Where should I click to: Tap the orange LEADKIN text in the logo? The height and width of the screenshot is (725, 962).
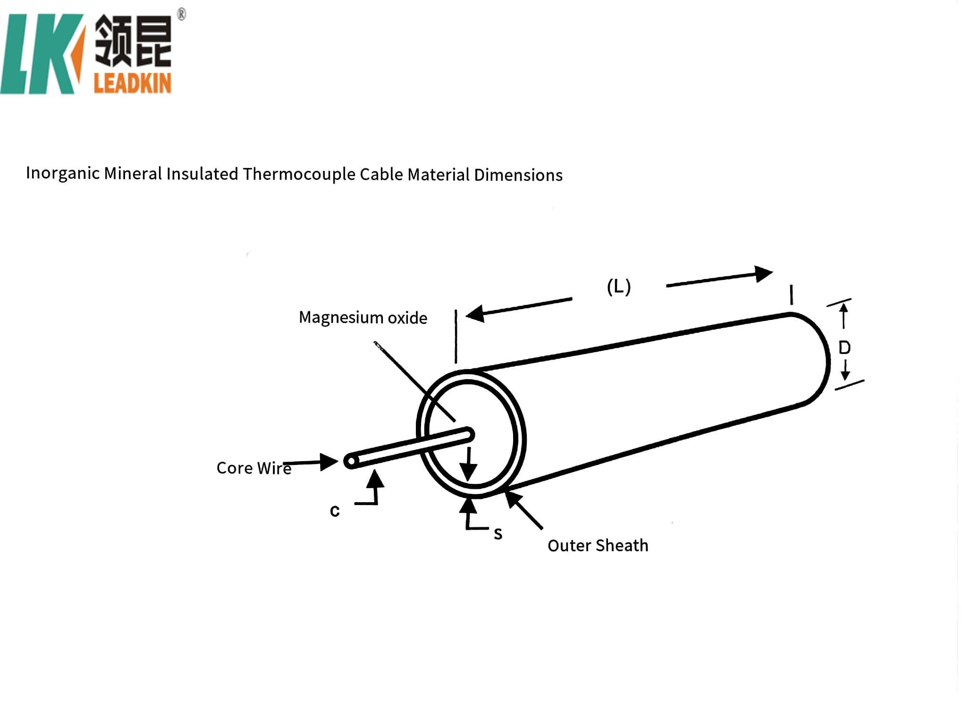(132, 84)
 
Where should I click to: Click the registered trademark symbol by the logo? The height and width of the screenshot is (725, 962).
(181, 15)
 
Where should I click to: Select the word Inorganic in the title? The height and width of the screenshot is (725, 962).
(63, 173)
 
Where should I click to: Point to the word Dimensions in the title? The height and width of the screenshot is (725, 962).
(518, 175)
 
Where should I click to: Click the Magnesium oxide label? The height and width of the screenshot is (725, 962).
(363, 318)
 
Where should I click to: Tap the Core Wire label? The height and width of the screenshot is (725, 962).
(253, 468)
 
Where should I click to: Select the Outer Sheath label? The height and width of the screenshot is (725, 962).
(598, 546)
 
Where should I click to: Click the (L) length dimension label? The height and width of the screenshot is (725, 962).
(618, 287)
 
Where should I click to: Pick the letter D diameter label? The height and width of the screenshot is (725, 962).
(844, 348)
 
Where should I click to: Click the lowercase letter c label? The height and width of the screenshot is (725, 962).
(335, 511)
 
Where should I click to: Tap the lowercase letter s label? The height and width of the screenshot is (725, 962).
(498, 534)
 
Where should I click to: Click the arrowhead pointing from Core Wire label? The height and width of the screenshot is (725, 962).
(329, 462)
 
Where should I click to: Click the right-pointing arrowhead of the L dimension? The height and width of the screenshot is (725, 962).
(763, 273)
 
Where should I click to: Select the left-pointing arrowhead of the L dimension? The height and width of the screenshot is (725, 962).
(475, 313)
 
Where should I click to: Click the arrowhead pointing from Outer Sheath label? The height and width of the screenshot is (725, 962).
(513, 498)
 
